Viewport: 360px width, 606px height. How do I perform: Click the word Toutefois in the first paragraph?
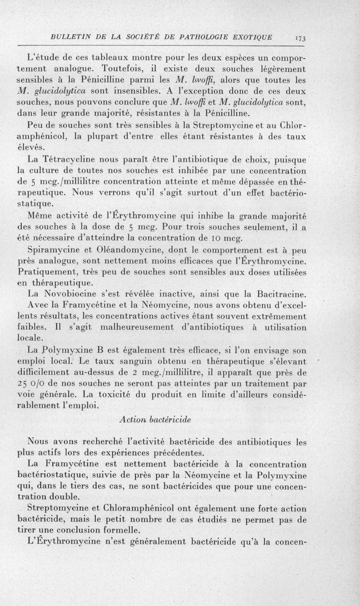tap(122, 70)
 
